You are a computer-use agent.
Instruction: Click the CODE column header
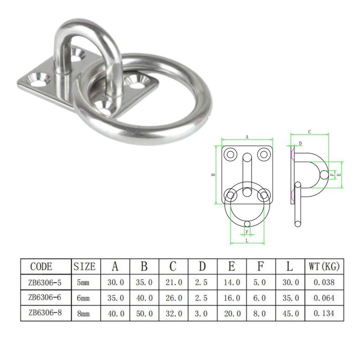coord(41,266)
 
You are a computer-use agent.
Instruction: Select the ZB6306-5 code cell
coord(45,282)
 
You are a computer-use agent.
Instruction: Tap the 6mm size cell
coord(83,298)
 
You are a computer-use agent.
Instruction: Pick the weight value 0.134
coord(324,313)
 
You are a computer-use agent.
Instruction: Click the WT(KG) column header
coord(324,266)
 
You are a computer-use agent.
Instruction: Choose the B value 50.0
coord(144,313)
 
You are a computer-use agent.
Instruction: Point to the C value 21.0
coord(174,282)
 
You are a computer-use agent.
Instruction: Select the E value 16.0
coord(232,298)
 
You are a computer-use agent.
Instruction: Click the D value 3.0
coord(201,313)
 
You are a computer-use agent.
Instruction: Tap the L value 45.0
coord(291,313)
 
